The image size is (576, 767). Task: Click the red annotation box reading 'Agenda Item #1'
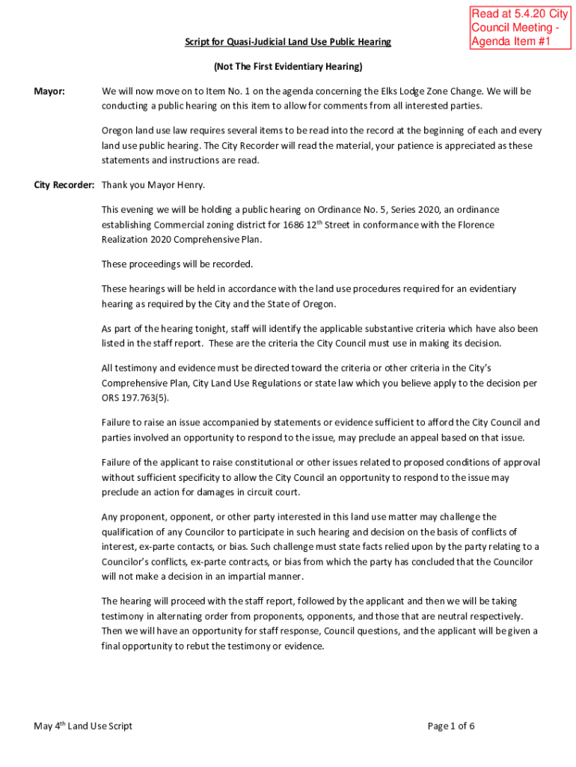519,28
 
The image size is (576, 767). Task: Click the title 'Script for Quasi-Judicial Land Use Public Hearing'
288,42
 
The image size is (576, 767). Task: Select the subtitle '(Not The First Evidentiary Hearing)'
288,67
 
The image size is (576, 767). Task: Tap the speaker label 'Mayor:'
49,91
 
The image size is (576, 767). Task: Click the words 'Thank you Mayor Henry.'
153,184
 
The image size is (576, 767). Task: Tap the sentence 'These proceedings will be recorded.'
177,264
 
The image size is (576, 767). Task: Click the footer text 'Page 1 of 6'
451,726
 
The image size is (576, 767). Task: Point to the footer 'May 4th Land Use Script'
83,726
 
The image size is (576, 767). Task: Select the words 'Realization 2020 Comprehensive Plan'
181,240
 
